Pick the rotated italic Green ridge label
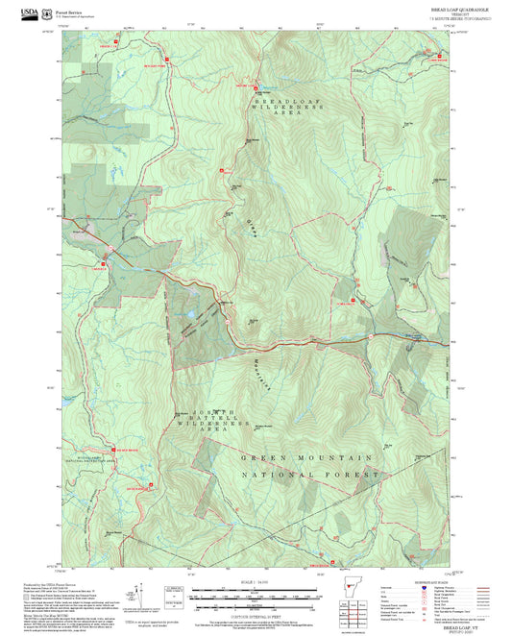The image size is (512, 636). coord(255,228)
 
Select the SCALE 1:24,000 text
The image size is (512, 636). coord(256,582)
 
